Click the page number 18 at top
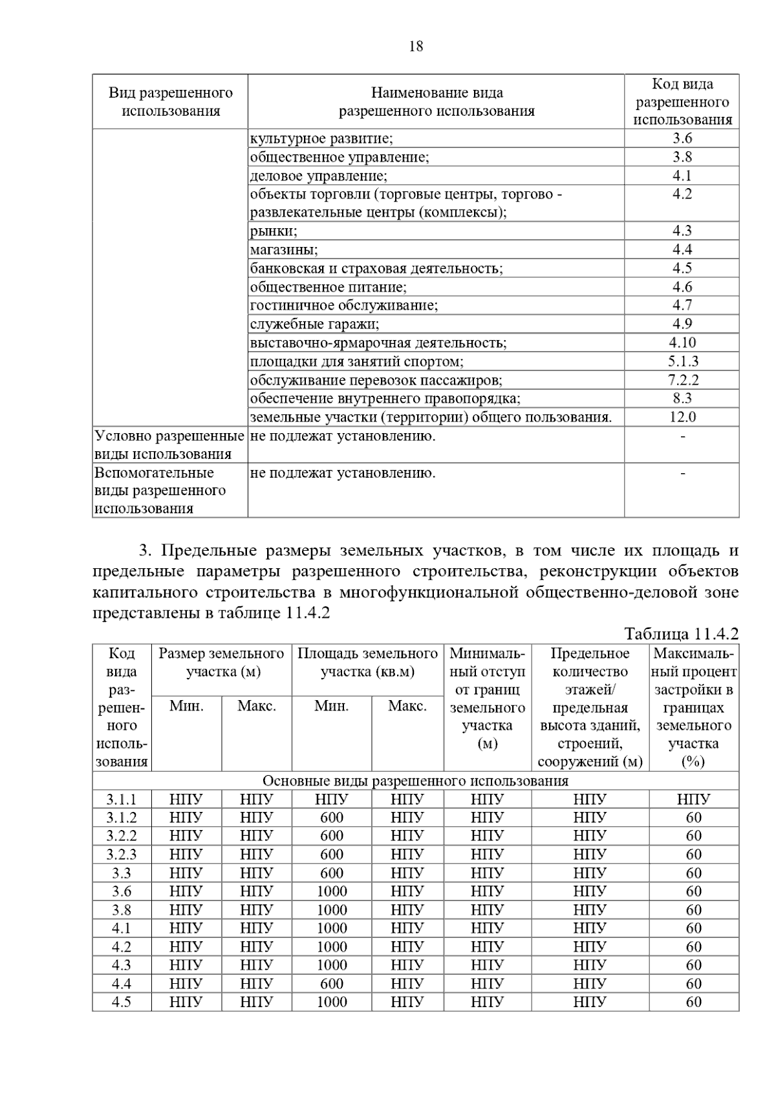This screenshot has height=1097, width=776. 416,47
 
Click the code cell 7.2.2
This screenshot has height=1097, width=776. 683,380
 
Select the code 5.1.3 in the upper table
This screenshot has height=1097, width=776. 683,361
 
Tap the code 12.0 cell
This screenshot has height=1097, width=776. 682,417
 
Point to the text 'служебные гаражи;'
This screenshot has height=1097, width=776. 315,324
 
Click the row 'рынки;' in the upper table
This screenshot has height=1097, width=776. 274,231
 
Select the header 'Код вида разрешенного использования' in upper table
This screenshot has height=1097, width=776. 682,101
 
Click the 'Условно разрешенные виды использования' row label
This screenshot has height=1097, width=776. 169,445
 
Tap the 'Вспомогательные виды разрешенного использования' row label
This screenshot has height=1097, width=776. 160,490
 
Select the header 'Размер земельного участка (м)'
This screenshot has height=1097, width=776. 221,663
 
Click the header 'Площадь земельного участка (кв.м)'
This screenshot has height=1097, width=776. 367,663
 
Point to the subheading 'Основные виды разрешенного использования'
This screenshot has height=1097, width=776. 415,781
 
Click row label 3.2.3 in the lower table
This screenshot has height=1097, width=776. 122,855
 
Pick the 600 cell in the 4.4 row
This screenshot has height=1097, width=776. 332,984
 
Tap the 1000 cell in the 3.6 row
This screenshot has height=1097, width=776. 332,891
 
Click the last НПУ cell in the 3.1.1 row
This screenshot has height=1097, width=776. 693,800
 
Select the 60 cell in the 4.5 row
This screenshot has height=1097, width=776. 693,1002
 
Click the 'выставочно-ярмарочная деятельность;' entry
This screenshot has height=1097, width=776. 378,343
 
